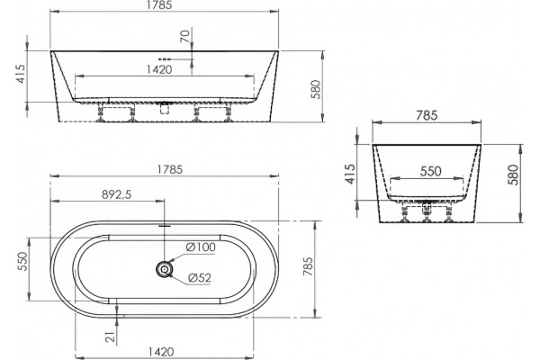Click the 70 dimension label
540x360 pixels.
pos(184,36)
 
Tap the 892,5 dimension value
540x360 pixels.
pos(117,194)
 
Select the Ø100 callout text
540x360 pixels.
pos(201,247)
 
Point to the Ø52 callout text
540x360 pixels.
pos(200,278)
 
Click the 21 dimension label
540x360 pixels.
pos(110,337)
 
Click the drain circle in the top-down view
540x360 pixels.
pos(165,269)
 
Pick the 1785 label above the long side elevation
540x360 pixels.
pos(158,5)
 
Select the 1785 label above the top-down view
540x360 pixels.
pos(170,169)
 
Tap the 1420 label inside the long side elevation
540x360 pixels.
pos(159,69)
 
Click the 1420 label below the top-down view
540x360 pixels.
pos(161,352)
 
